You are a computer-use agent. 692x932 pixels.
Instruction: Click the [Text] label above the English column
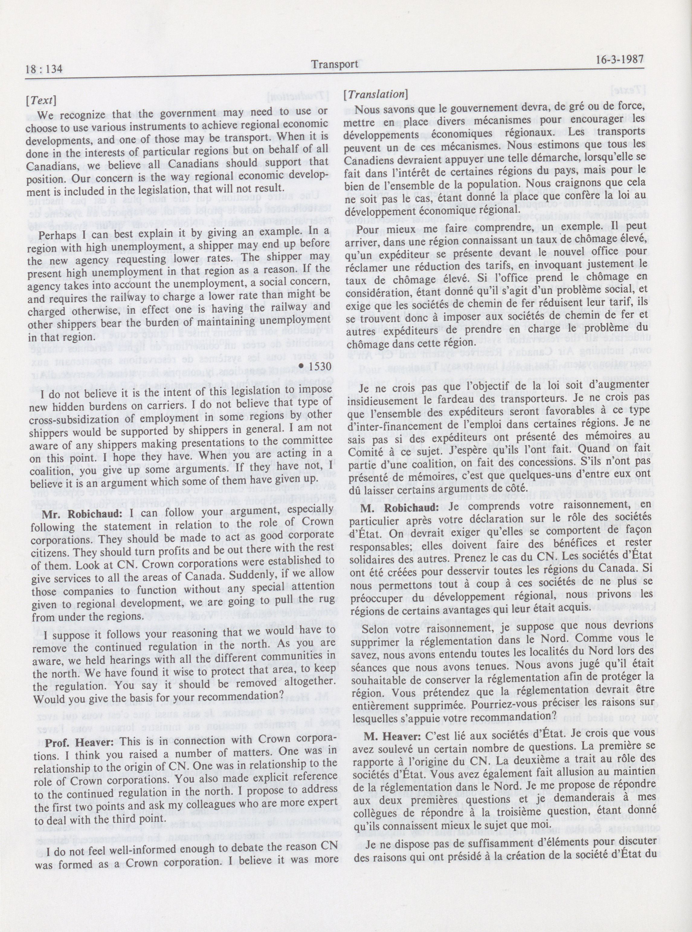click(41, 101)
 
